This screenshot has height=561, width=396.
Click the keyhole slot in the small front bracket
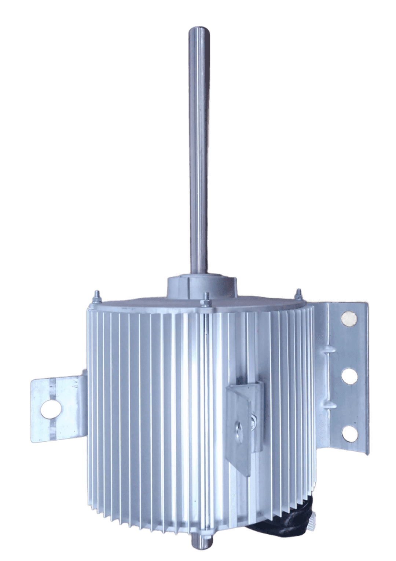(238, 428)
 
